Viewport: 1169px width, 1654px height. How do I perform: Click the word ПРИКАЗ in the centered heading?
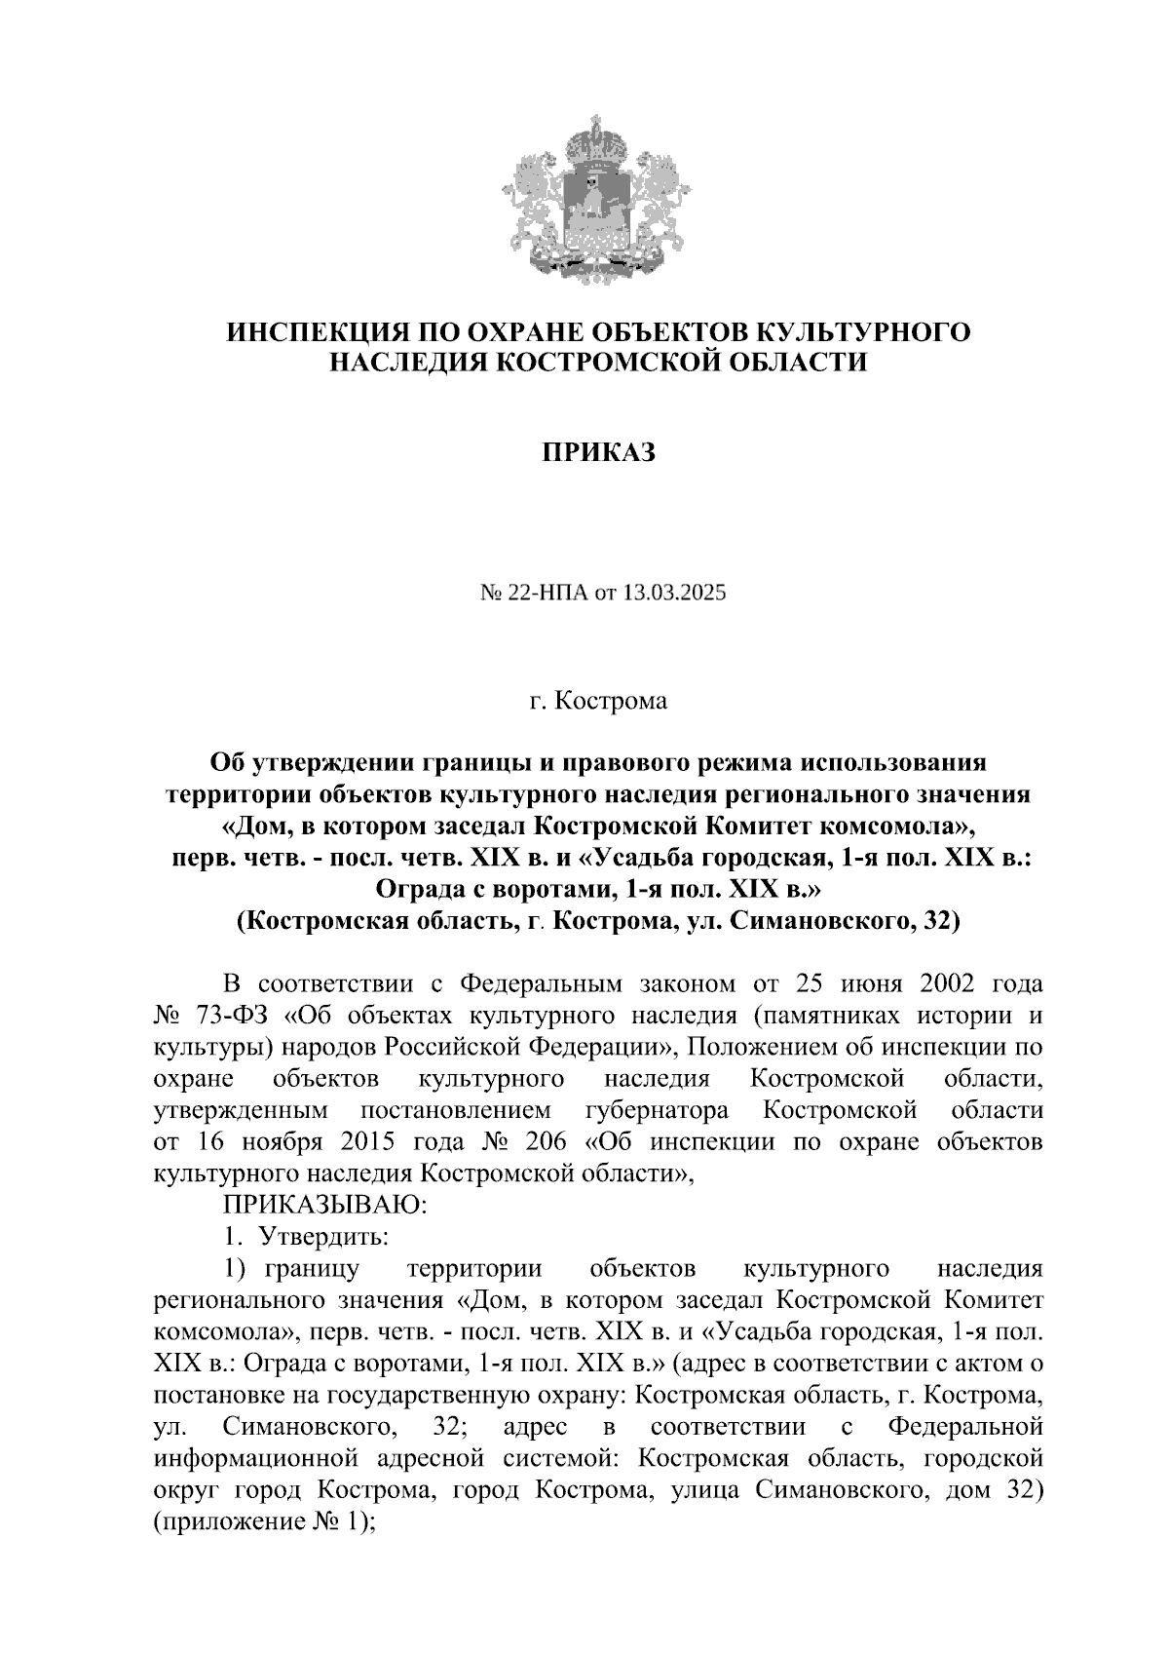tap(598, 453)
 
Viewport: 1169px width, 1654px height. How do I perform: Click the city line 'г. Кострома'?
tap(598, 701)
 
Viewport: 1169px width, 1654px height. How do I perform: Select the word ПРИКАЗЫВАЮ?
tap(325, 1206)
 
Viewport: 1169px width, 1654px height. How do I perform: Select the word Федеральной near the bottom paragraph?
tap(964, 1427)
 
